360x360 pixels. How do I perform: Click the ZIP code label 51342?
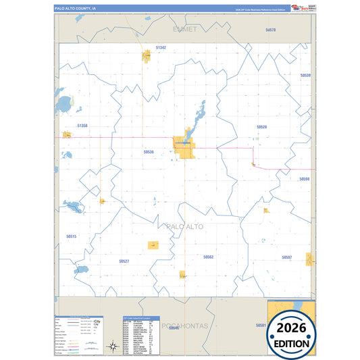[161, 48]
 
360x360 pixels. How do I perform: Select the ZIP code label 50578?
[271, 30]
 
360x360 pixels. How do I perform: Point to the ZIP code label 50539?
[305, 75]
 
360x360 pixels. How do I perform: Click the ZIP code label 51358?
[82, 126]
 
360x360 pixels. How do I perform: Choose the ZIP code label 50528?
[261, 126]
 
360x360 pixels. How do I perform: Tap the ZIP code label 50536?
[149, 152]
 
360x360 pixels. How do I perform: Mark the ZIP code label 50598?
[304, 179]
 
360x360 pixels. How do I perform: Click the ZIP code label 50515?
[72, 236]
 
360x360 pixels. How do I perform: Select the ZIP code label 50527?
[124, 261]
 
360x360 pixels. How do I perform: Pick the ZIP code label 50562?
[208, 257]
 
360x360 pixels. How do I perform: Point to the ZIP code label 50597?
[287, 257]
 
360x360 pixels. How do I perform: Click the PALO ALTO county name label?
[184, 227]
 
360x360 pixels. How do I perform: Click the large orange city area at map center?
[184, 146]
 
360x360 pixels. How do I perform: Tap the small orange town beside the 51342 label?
[145, 55]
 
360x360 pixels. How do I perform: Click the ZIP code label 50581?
[261, 325]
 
